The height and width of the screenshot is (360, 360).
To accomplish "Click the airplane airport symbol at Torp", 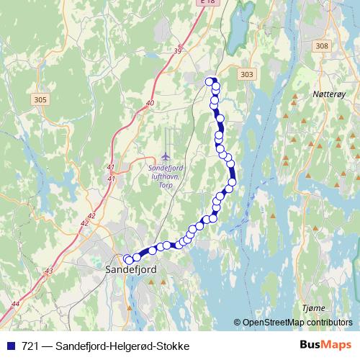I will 166,157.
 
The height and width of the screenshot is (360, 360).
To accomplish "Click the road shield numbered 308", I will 322,46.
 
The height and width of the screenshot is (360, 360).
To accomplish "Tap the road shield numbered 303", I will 247,74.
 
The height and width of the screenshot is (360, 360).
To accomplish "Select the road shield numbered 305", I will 40,100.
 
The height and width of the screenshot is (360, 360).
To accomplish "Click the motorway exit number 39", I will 177,50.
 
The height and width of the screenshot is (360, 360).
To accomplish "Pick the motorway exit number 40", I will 150,104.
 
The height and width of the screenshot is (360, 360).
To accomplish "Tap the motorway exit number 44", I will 16,305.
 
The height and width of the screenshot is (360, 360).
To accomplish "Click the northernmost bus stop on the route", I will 210,81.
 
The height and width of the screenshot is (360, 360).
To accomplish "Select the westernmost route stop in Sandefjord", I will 128,259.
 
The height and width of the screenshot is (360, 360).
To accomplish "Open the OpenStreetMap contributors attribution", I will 296,323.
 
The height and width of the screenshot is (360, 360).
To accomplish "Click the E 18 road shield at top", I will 207,2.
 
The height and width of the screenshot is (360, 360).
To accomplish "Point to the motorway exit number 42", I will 91,215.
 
